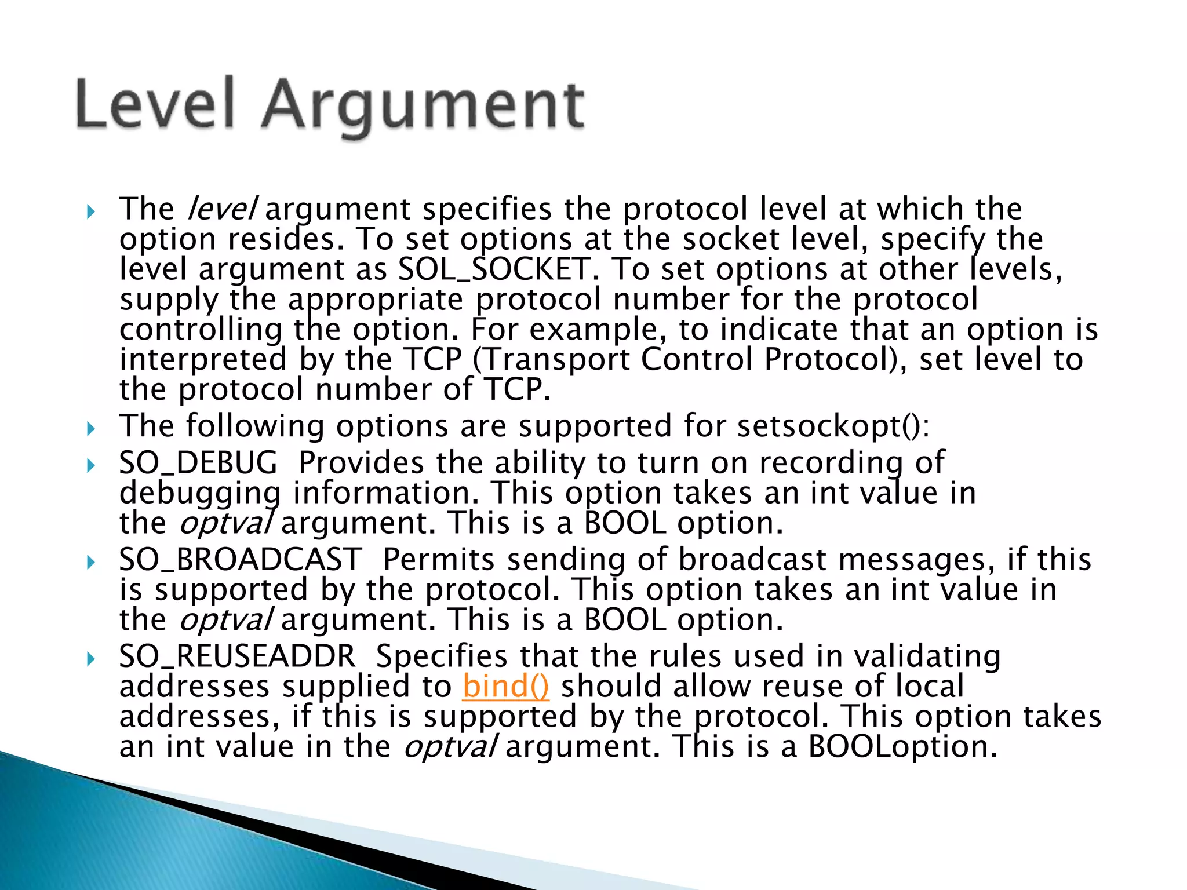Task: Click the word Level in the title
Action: pos(155,104)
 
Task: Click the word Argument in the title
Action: pos(423,107)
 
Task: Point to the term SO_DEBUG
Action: pos(198,463)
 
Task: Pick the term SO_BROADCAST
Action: pos(241,560)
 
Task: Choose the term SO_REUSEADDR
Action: pos(237,656)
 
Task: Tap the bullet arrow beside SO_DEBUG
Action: pos(90,465)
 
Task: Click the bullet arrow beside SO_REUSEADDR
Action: pos(90,659)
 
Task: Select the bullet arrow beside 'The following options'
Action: pos(90,429)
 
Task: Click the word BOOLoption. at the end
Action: pos(902,747)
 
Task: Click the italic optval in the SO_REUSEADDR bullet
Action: pos(450,747)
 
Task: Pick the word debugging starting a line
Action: pos(200,494)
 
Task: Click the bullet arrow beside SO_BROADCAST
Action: pos(90,562)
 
